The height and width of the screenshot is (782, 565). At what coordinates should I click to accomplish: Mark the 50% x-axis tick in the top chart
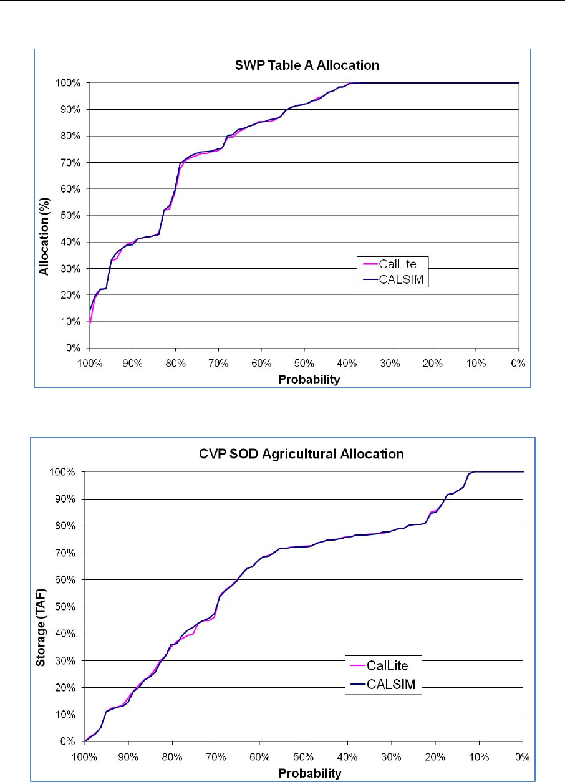coord(304,364)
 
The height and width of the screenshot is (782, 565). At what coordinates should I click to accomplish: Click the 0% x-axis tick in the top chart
coord(519,364)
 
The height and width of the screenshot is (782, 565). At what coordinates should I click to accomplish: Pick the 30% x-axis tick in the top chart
coord(390,364)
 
